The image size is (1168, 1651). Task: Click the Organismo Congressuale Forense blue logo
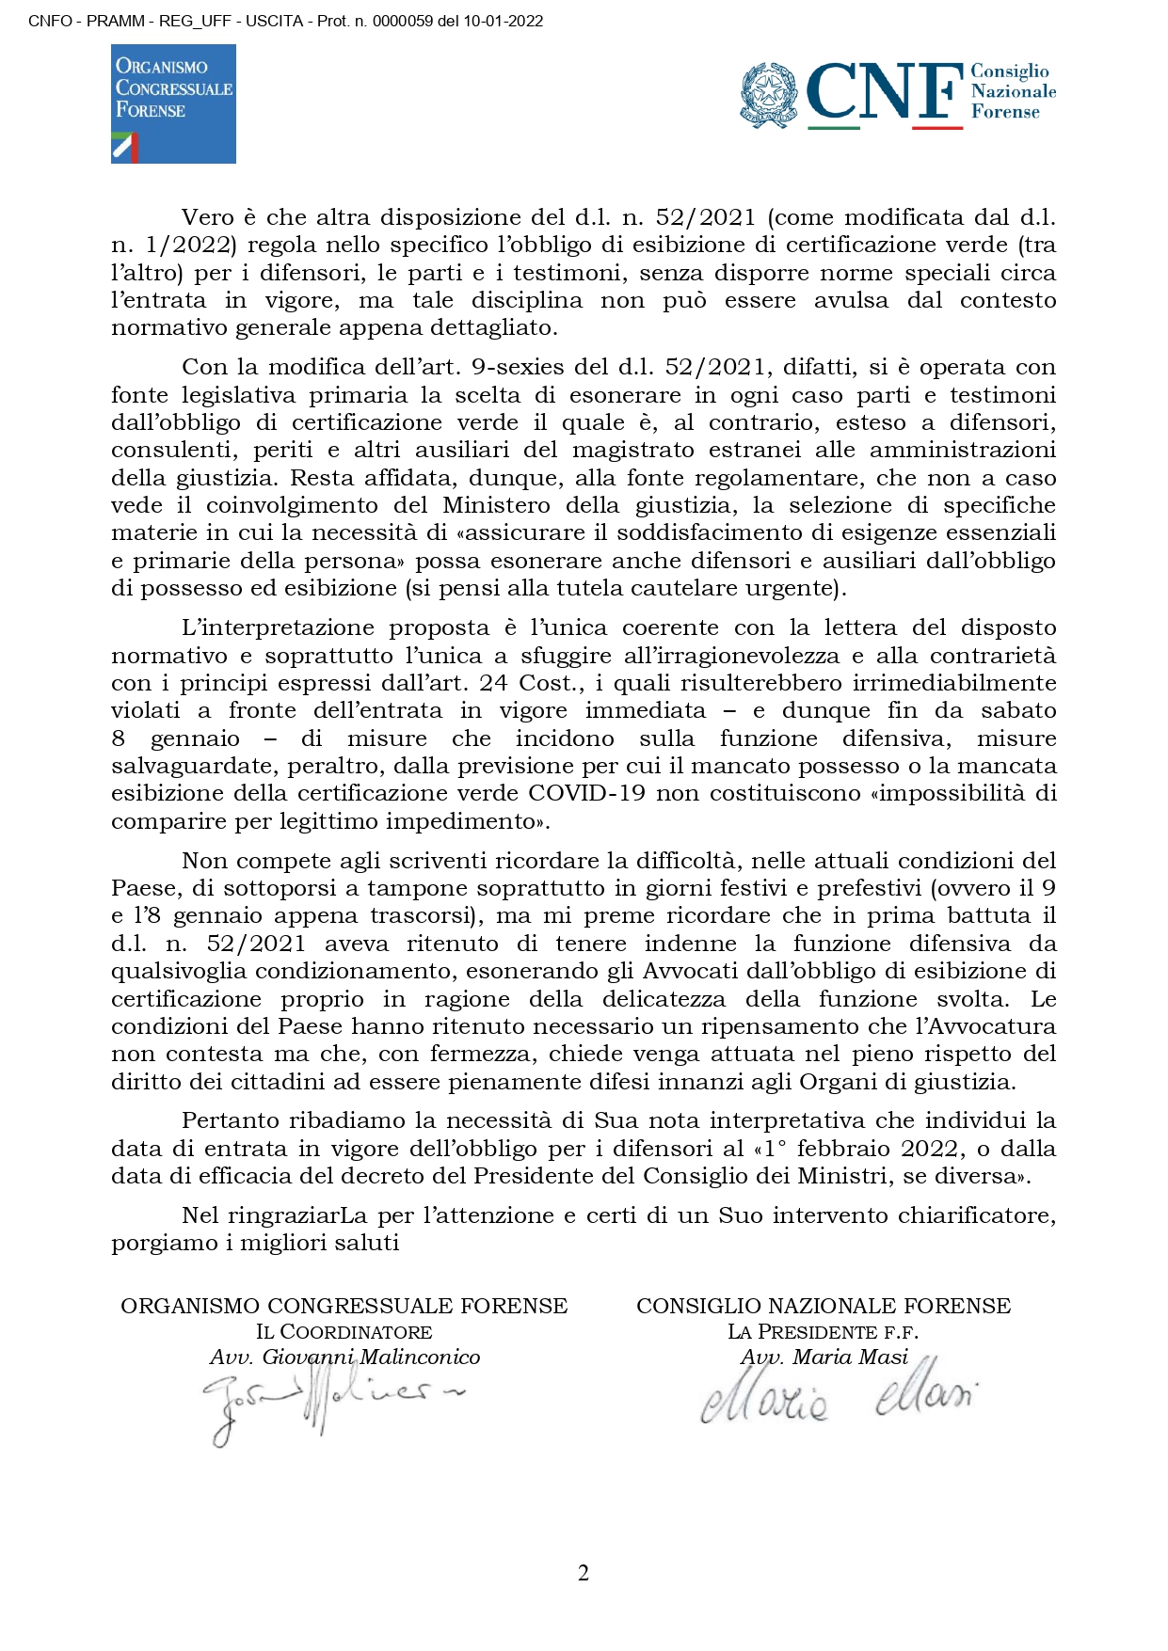coord(173,103)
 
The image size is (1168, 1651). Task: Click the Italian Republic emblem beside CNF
coord(770,94)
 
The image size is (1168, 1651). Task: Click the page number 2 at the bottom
coord(584,1573)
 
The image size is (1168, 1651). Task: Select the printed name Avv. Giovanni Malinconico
coord(344,1357)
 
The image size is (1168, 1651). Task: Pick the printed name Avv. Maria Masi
coord(824,1357)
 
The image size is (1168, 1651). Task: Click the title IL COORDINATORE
coord(344,1332)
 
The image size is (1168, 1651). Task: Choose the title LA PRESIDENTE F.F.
coord(823,1332)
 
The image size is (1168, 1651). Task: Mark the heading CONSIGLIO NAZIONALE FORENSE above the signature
coord(824,1306)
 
